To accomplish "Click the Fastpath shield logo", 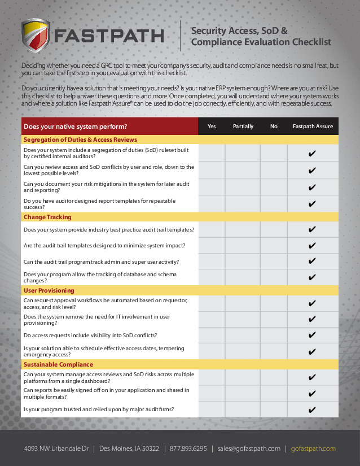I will pyautogui.click(x=35, y=36).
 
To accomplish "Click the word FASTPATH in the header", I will pyautogui.click(x=109, y=36).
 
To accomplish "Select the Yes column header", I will pyautogui.click(x=212, y=127).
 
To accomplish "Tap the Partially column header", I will pyautogui.click(x=243, y=127).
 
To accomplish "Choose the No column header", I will pyautogui.click(x=274, y=127).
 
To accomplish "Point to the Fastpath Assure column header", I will pyautogui.click(x=313, y=127).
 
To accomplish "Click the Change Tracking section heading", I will pyautogui.click(x=47, y=217).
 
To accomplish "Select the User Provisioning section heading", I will pyautogui.click(x=49, y=290).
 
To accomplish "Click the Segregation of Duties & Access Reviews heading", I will pyautogui.click(x=80, y=140).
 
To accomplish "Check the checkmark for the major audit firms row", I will pyautogui.click(x=313, y=410).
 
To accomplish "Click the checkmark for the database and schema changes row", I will pyautogui.click(x=313, y=277).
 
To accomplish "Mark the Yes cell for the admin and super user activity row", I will pyautogui.click(x=212, y=262).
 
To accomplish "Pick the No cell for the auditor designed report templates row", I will pyautogui.click(x=274, y=204).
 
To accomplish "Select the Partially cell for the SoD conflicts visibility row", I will pyautogui.click(x=243, y=336).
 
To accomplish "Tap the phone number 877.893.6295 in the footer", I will pyautogui.click(x=188, y=449).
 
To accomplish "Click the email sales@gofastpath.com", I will pyautogui.click(x=249, y=449).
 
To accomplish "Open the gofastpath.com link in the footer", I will pyautogui.click(x=313, y=449).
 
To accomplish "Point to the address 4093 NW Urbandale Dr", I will pyautogui.click(x=56, y=449).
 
